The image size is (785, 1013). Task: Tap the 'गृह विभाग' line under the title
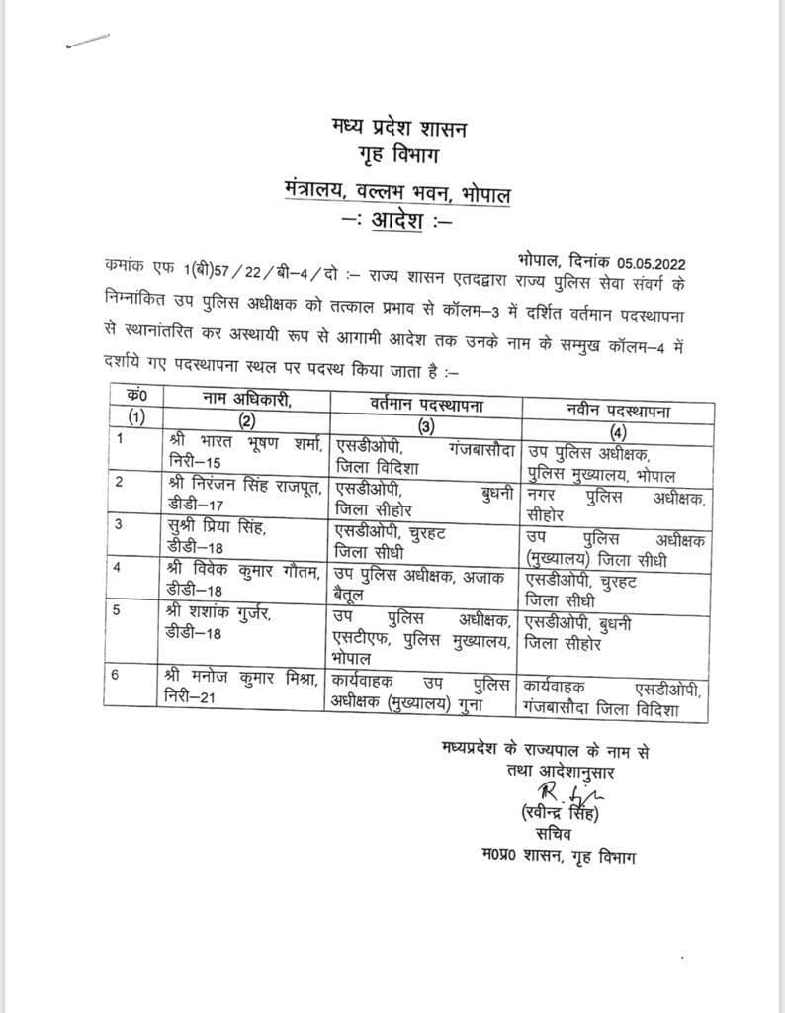[401, 158]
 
